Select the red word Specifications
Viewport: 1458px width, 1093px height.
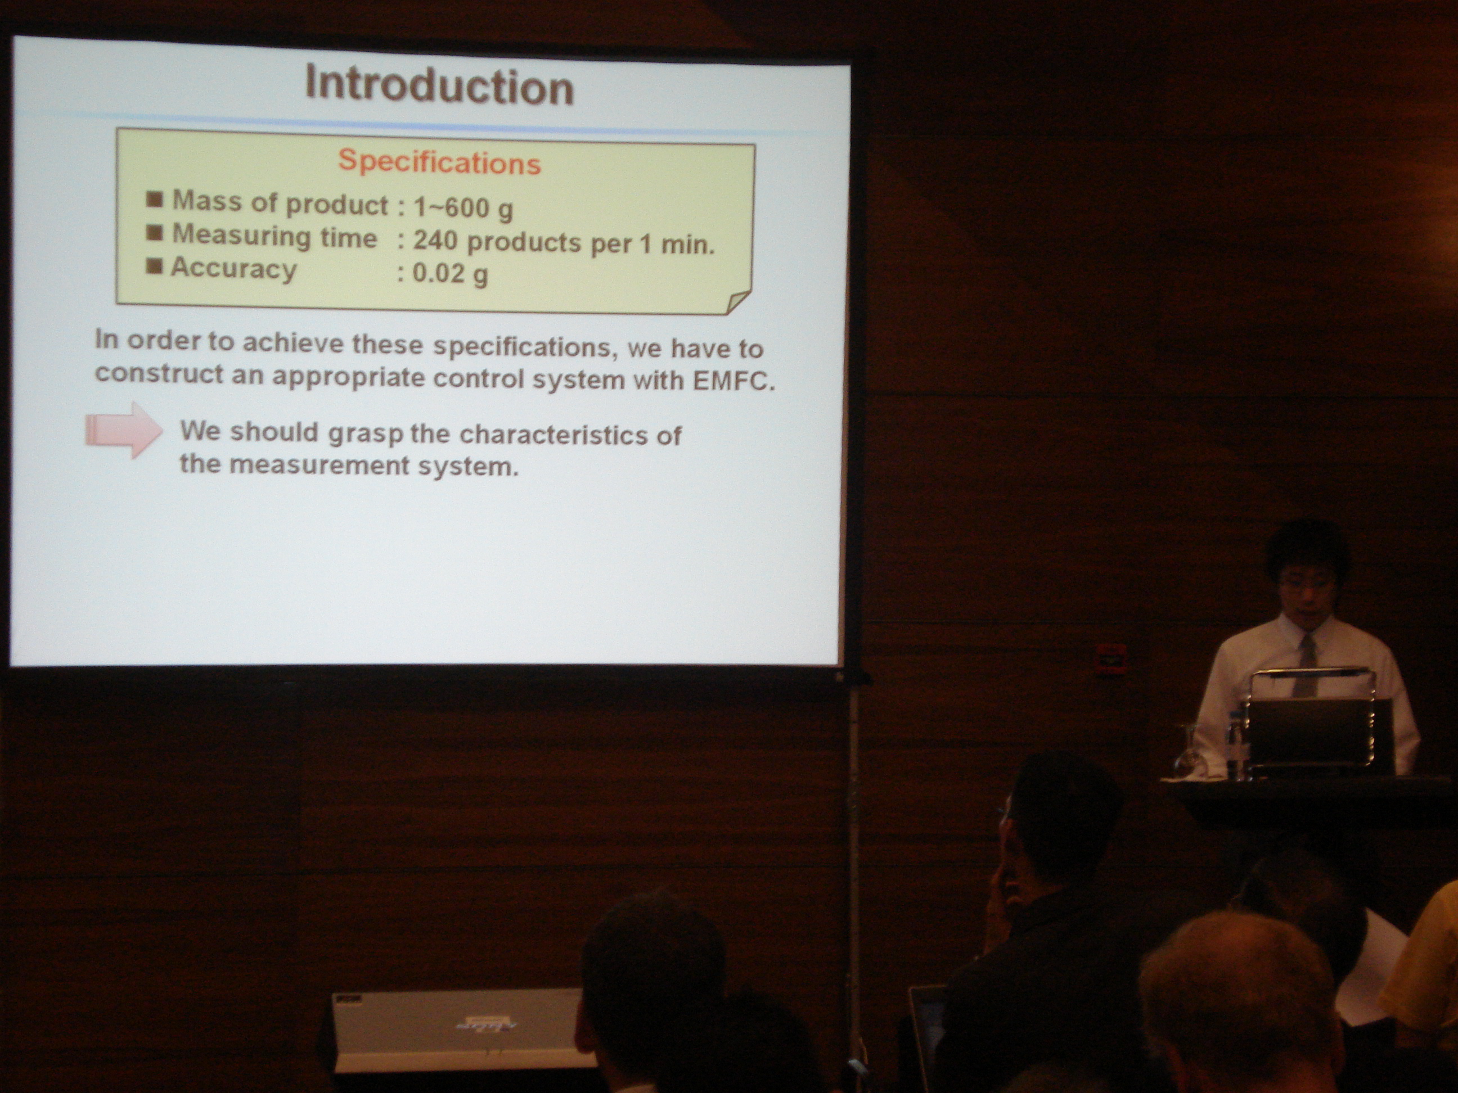click(440, 162)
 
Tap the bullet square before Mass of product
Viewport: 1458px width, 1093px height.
click(155, 200)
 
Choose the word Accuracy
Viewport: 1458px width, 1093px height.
click(234, 269)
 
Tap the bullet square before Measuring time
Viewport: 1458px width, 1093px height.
click(155, 233)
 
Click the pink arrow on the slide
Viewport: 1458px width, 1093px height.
click(124, 430)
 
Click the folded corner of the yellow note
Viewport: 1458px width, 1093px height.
click(737, 302)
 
